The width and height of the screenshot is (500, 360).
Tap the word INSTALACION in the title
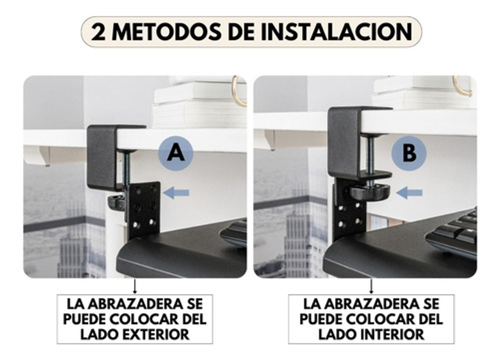[336, 32]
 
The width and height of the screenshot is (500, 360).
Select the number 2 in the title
[98, 32]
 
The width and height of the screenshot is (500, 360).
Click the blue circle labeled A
[175, 153]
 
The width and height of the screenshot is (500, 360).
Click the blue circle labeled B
[409, 153]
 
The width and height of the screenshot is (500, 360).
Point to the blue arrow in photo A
[176, 192]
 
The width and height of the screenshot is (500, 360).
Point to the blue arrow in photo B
[409, 192]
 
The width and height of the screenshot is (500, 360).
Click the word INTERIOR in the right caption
[392, 334]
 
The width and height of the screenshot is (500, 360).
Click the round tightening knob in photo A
[116, 203]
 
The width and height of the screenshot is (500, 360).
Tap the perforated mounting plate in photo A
[143, 209]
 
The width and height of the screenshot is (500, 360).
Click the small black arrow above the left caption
[134, 286]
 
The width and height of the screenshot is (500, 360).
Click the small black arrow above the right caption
[371, 286]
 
